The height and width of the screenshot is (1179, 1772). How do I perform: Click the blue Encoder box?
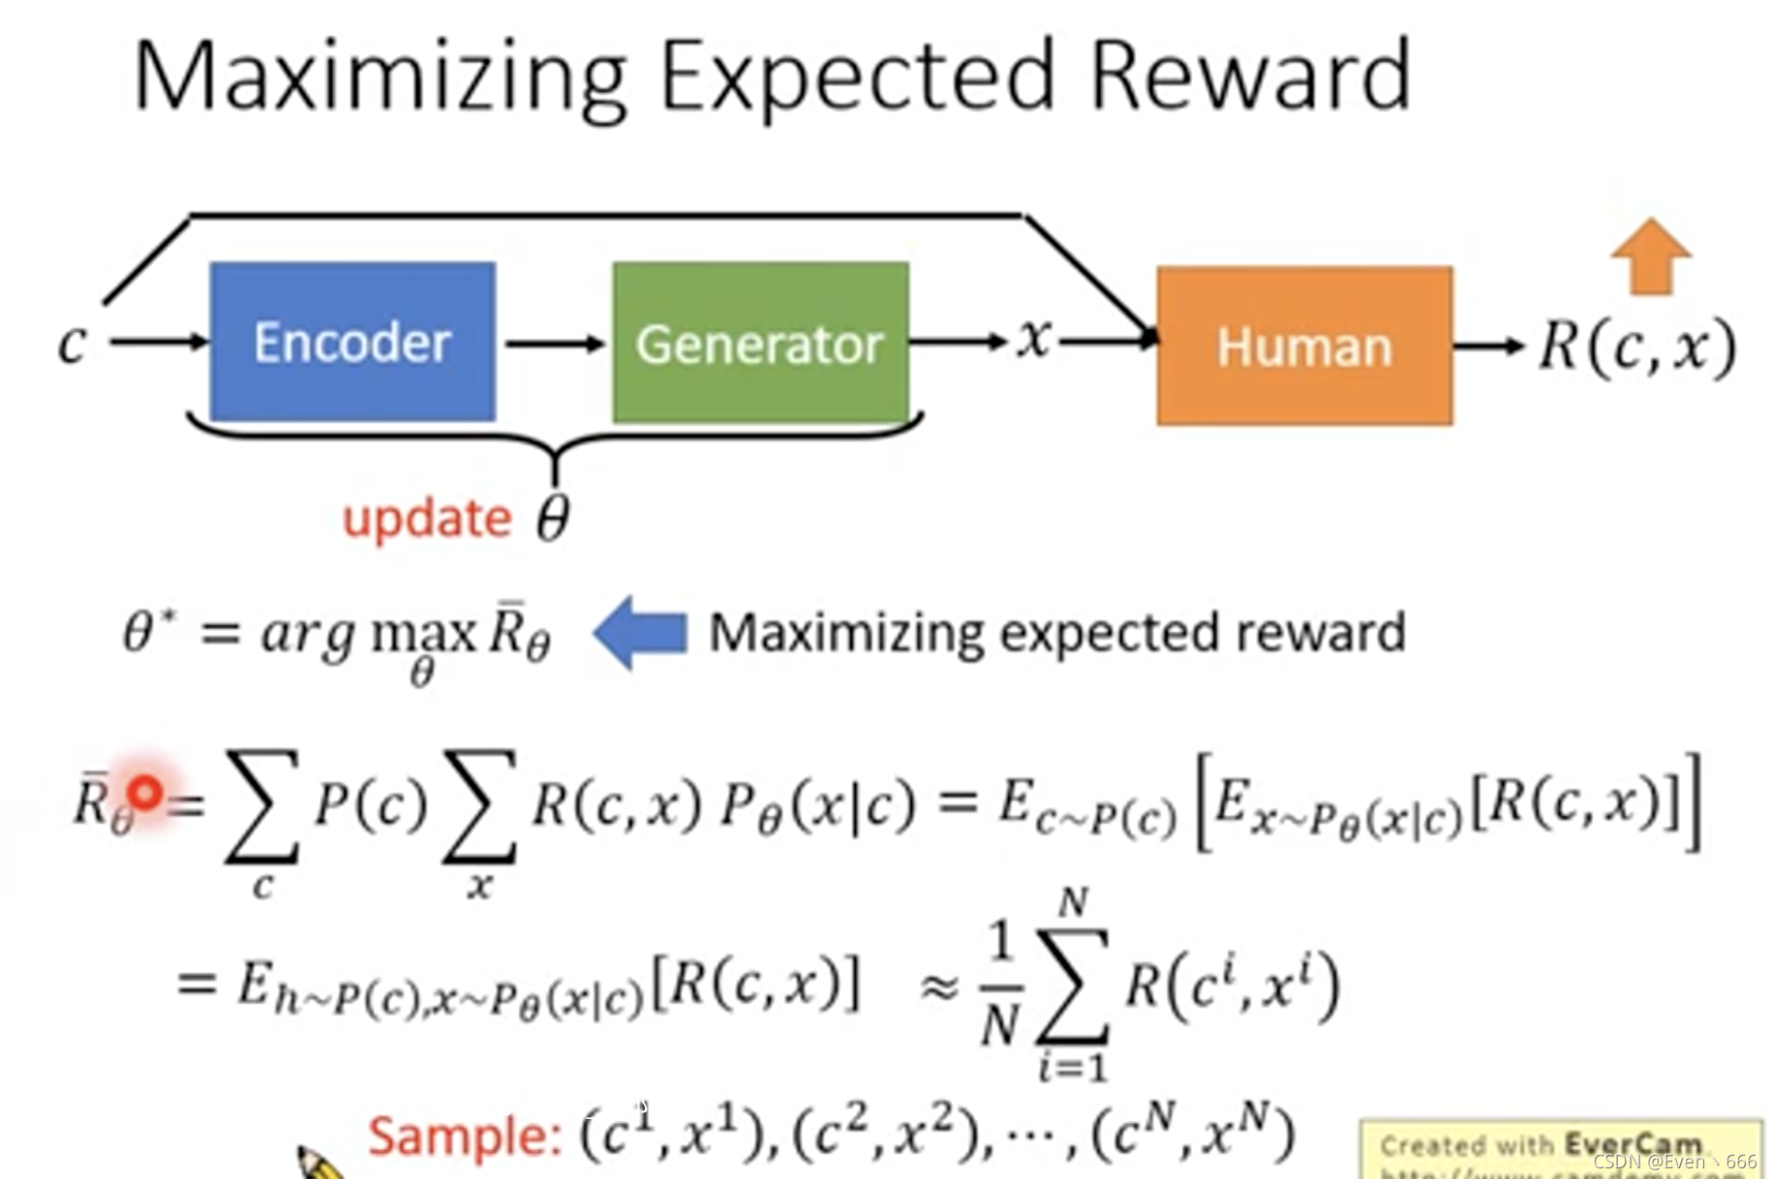(352, 342)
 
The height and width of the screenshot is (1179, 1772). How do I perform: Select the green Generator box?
(760, 344)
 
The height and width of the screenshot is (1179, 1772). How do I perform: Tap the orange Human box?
(1303, 347)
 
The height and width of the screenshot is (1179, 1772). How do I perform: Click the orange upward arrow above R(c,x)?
(1651, 256)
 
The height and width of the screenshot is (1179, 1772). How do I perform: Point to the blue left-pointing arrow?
(640, 632)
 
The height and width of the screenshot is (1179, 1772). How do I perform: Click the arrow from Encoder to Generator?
(554, 343)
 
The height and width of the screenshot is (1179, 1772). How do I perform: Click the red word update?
(427, 519)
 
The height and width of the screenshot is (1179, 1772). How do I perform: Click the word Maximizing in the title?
(381, 76)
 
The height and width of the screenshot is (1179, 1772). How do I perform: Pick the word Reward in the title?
(1249, 76)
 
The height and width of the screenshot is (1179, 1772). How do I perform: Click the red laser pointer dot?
(145, 794)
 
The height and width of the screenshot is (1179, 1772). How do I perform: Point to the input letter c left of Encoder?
(73, 343)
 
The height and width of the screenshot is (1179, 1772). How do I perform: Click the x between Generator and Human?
(1034, 339)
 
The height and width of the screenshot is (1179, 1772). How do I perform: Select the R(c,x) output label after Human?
(1636, 347)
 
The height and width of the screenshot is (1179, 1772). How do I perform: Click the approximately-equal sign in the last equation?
(938, 986)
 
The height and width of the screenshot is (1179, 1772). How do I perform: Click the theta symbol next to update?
(553, 519)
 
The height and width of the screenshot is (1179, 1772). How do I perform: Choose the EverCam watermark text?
(1540, 1146)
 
